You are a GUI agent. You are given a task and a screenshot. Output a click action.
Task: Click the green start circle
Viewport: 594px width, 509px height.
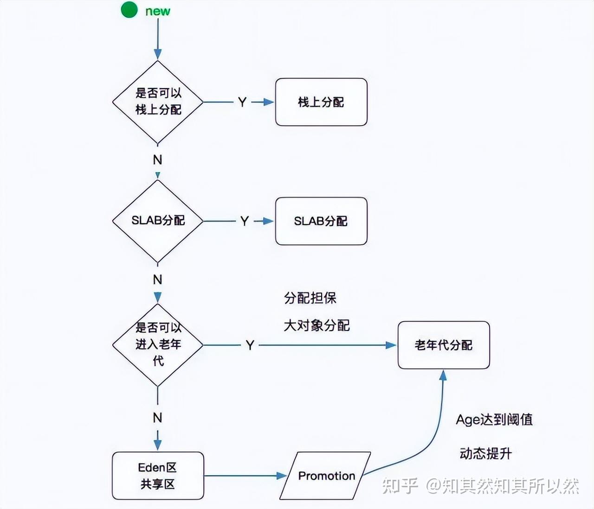pos(129,10)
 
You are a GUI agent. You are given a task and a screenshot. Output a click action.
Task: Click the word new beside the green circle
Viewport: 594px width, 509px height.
pos(158,11)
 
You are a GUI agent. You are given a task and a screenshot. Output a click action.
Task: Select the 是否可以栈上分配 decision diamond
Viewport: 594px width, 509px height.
pos(158,102)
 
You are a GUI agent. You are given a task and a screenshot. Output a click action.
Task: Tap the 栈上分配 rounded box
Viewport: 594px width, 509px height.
pos(321,102)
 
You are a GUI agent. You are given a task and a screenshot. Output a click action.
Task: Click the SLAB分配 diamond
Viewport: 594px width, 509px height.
pos(158,221)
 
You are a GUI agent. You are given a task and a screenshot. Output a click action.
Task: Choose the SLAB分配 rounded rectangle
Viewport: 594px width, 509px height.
pos(321,221)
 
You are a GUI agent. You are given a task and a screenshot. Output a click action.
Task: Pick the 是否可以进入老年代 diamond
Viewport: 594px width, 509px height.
pos(158,345)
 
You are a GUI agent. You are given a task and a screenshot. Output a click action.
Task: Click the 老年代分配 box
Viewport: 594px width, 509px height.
pos(444,345)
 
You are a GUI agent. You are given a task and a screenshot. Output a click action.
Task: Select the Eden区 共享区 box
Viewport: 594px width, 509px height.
pos(158,476)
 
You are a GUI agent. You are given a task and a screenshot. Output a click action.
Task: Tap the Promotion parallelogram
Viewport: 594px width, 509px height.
pos(326,476)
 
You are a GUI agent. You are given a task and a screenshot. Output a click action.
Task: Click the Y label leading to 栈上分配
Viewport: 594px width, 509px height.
pos(242,102)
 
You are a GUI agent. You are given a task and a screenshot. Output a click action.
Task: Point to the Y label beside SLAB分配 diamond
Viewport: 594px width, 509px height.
pos(245,221)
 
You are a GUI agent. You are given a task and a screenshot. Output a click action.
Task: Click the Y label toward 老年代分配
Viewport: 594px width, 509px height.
pos(250,345)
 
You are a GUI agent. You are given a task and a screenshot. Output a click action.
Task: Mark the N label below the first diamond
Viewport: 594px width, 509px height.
pos(158,160)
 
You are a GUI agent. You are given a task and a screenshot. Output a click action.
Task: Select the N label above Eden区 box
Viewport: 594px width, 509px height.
pos(158,418)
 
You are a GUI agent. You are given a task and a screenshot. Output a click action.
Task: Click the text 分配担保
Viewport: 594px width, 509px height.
pos(310,298)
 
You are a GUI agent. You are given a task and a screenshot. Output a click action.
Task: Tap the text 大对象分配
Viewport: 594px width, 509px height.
pos(316,325)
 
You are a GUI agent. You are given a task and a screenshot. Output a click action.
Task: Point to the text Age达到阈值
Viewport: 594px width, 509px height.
pos(494,420)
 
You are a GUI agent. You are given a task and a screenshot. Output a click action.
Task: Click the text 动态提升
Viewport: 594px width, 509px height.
pos(485,453)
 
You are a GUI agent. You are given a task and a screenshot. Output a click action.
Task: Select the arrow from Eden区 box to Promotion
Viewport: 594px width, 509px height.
pos(244,476)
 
